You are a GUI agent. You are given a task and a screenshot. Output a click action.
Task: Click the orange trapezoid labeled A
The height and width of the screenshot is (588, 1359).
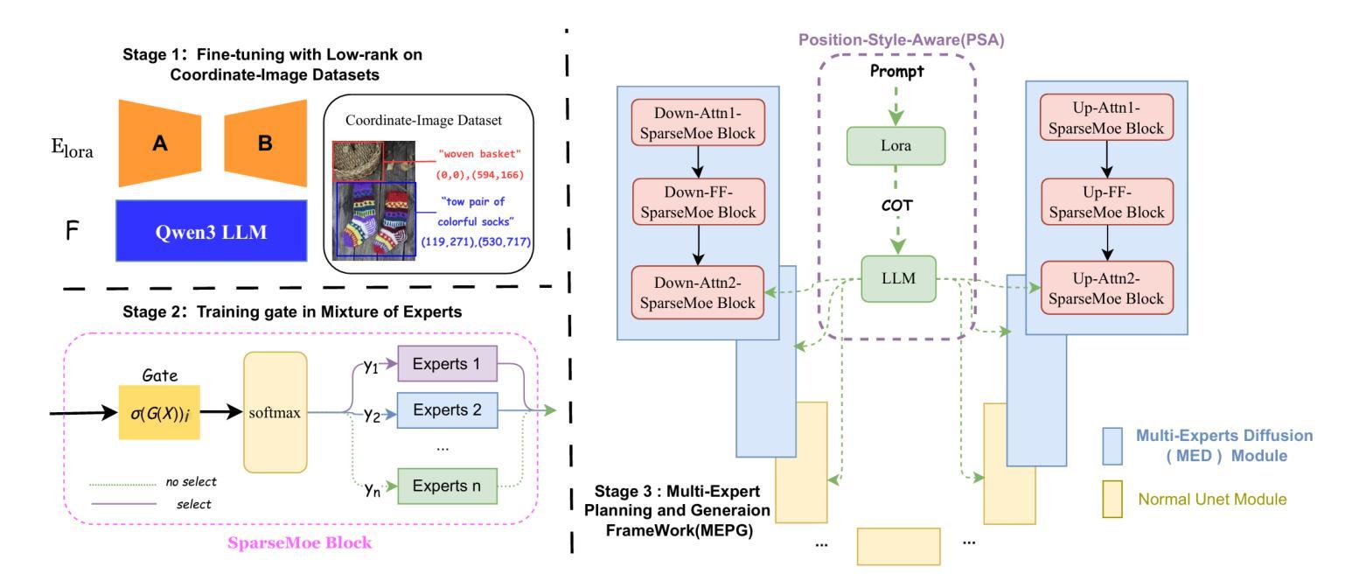159,143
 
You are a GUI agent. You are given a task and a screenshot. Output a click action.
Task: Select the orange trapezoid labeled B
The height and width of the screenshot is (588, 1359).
266,143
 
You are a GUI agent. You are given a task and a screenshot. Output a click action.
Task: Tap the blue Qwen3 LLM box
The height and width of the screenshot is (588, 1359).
211,231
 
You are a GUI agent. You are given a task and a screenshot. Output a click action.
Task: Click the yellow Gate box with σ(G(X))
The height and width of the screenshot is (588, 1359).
159,413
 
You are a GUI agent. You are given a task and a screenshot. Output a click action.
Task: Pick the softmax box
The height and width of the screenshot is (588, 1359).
275,413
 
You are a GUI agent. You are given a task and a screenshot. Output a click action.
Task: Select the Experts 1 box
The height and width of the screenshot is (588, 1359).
447,363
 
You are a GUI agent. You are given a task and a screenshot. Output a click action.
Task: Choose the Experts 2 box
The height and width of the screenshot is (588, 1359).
447,410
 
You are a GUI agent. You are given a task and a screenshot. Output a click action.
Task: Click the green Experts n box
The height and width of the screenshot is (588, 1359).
447,486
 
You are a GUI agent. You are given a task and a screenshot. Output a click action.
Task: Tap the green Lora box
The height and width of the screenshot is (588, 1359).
896,145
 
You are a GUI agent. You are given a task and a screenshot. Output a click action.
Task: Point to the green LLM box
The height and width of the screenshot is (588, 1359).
898,278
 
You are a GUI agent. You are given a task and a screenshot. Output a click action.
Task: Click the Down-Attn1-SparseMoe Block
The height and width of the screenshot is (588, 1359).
698,122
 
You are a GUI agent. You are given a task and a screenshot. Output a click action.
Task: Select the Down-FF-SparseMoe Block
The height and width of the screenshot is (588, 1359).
699,202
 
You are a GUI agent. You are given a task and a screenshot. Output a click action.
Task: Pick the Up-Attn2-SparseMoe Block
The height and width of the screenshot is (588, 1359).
1106,288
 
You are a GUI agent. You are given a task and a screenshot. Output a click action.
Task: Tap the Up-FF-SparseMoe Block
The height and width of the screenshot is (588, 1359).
1107,202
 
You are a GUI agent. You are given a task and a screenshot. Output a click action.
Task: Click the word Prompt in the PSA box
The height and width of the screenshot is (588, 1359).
896,72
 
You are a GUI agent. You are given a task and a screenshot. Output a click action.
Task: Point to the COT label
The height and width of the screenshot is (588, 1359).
896,206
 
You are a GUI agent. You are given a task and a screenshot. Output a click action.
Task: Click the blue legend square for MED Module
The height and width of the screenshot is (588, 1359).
1112,446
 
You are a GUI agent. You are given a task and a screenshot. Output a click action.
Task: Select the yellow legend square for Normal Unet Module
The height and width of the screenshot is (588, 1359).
1112,499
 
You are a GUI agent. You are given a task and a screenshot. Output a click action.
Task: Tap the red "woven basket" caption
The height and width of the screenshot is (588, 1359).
479,154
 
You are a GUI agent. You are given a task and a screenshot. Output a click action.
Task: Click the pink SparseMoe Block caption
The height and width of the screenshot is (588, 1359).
300,542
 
